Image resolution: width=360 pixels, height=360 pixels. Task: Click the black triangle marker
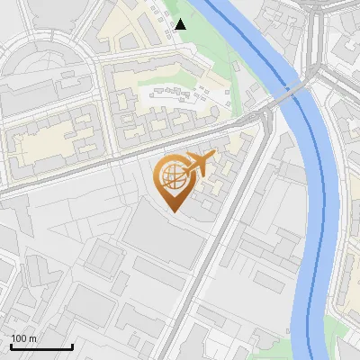[x=181, y=24]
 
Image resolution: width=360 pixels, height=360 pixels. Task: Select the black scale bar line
[x=41, y=347]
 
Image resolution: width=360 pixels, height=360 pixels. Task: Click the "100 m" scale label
[x=24, y=338]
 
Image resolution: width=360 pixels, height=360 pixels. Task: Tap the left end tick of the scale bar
[x=11, y=346]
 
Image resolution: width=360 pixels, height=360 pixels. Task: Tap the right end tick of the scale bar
[x=72, y=346]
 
